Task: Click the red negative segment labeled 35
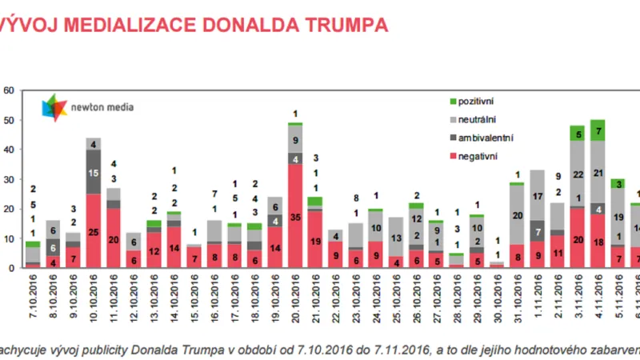tap(294, 216)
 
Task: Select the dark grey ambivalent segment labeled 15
tap(94, 172)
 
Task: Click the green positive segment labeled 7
tap(597, 130)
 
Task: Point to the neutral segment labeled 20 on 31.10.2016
tap(516, 214)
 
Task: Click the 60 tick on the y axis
tap(8, 90)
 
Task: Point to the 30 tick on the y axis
tap(8, 179)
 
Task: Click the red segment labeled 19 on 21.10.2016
tap(314, 239)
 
